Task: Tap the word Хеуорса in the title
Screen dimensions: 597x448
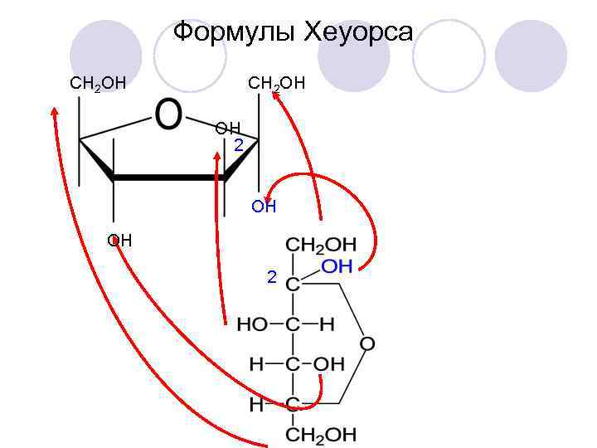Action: pyautogui.click(x=359, y=33)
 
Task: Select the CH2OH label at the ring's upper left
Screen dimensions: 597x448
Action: pyautogui.click(x=98, y=83)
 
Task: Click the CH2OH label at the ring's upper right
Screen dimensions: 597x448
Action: pyautogui.click(x=277, y=83)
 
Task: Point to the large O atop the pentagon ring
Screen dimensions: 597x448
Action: pyautogui.click(x=168, y=115)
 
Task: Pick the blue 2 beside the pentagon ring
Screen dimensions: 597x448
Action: pyautogui.click(x=238, y=145)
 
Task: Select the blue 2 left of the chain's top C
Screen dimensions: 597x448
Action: pyautogui.click(x=271, y=276)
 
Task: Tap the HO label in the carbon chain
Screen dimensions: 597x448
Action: pyautogui.click(x=251, y=324)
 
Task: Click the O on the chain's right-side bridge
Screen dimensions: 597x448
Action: pyautogui.click(x=367, y=343)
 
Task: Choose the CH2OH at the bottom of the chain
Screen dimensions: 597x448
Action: pyautogui.click(x=321, y=434)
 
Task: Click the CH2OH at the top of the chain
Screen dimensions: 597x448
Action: pyautogui.click(x=321, y=246)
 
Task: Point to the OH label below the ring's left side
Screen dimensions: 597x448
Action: pyautogui.click(x=119, y=241)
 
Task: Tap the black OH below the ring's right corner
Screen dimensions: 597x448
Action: pyautogui.click(x=264, y=207)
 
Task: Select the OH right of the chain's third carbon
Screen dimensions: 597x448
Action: pyautogui.click(x=329, y=364)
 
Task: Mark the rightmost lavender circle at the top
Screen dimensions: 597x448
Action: pyautogui.click(x=536, y=56)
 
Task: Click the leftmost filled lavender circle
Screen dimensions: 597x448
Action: pyautogui.click(x=106, y=56)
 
